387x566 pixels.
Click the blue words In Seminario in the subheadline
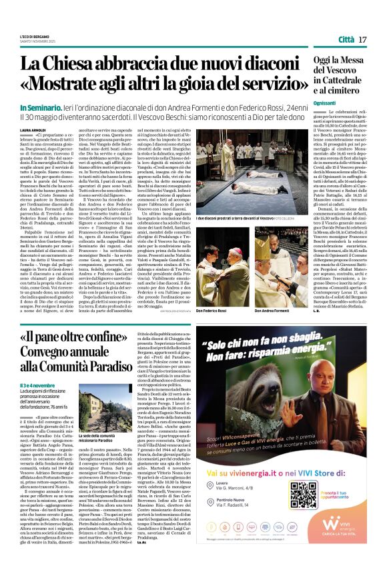[42, 107]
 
